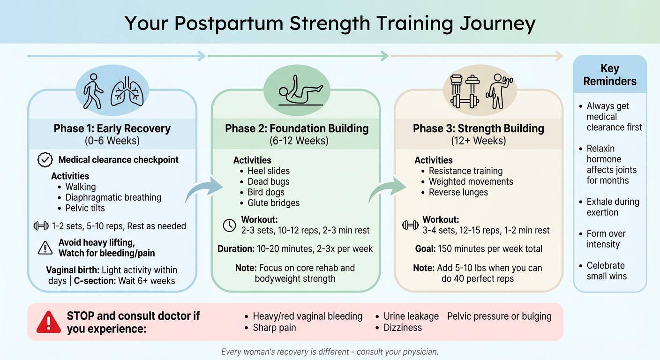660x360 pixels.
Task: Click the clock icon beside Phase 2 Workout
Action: pos(229,225)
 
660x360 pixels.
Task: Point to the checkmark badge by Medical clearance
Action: pos(45,160)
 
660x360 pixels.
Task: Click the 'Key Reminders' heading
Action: pos(610,75)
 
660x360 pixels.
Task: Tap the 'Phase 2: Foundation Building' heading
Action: pos(297,128)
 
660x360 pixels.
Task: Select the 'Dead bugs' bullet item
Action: pos(269,182)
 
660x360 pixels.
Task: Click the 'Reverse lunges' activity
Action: pos(458,193)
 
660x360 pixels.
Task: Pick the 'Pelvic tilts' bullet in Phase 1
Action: pos(85,208)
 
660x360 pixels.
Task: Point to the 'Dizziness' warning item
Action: pos(403,328)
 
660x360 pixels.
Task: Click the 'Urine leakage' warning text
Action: pos(411,316)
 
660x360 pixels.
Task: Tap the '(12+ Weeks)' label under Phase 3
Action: pos(478,141)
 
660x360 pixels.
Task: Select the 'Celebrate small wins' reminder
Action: pos(606,271)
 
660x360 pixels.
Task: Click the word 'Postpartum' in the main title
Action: pos(245,23)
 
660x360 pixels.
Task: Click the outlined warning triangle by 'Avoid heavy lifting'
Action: pos(45,248)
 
